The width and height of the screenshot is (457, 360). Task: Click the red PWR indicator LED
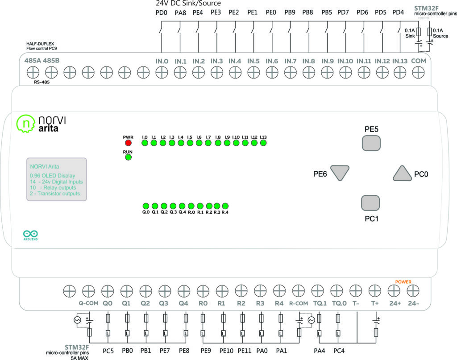(128, 143)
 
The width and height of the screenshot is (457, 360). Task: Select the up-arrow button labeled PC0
(402, 173)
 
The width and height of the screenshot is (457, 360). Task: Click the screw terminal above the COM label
(418, 71)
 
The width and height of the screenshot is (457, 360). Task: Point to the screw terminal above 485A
(32, 71)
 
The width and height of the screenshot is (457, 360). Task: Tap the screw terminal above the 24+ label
(393, 291)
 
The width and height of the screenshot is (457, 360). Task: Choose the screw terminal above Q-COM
(88, 291)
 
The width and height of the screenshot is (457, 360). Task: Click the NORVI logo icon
(25, 124)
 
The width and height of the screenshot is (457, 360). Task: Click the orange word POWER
(403, 282)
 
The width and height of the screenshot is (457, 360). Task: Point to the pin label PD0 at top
(161, 12)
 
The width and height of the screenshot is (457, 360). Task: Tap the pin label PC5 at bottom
(109, 351)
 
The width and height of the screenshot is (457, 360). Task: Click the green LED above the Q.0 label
(145, 206)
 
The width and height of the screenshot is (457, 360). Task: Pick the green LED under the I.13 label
(263, 143)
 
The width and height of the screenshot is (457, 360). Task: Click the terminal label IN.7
(291, 61)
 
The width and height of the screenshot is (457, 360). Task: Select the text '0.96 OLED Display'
(52, 175)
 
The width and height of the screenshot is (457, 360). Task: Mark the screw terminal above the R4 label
(279, 291)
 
